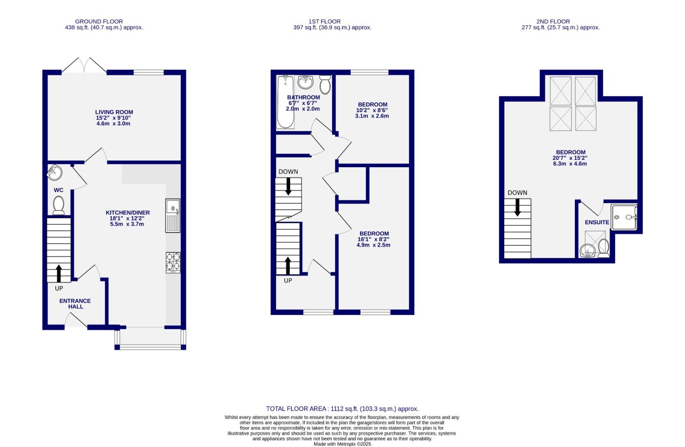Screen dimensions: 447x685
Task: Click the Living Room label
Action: coord(114,112)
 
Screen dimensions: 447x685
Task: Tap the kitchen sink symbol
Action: coord(173,215)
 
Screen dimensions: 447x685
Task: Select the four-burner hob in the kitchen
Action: coord(173,262)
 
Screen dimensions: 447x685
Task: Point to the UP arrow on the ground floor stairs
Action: coord(58,273)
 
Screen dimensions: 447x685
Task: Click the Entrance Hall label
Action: coord(75,304)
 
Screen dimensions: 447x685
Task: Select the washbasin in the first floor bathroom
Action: coord(306,82)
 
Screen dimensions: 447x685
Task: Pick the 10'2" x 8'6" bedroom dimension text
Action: coord(372,111)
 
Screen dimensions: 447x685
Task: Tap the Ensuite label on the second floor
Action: coord(597,222)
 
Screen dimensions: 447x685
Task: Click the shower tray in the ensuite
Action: coord(623,217)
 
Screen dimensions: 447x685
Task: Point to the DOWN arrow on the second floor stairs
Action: coord(517,207)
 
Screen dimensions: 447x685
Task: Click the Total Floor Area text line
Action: coord(342,409)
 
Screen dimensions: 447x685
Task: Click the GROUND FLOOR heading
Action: coord(99,22)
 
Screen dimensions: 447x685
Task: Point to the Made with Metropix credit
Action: coord(342,444)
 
